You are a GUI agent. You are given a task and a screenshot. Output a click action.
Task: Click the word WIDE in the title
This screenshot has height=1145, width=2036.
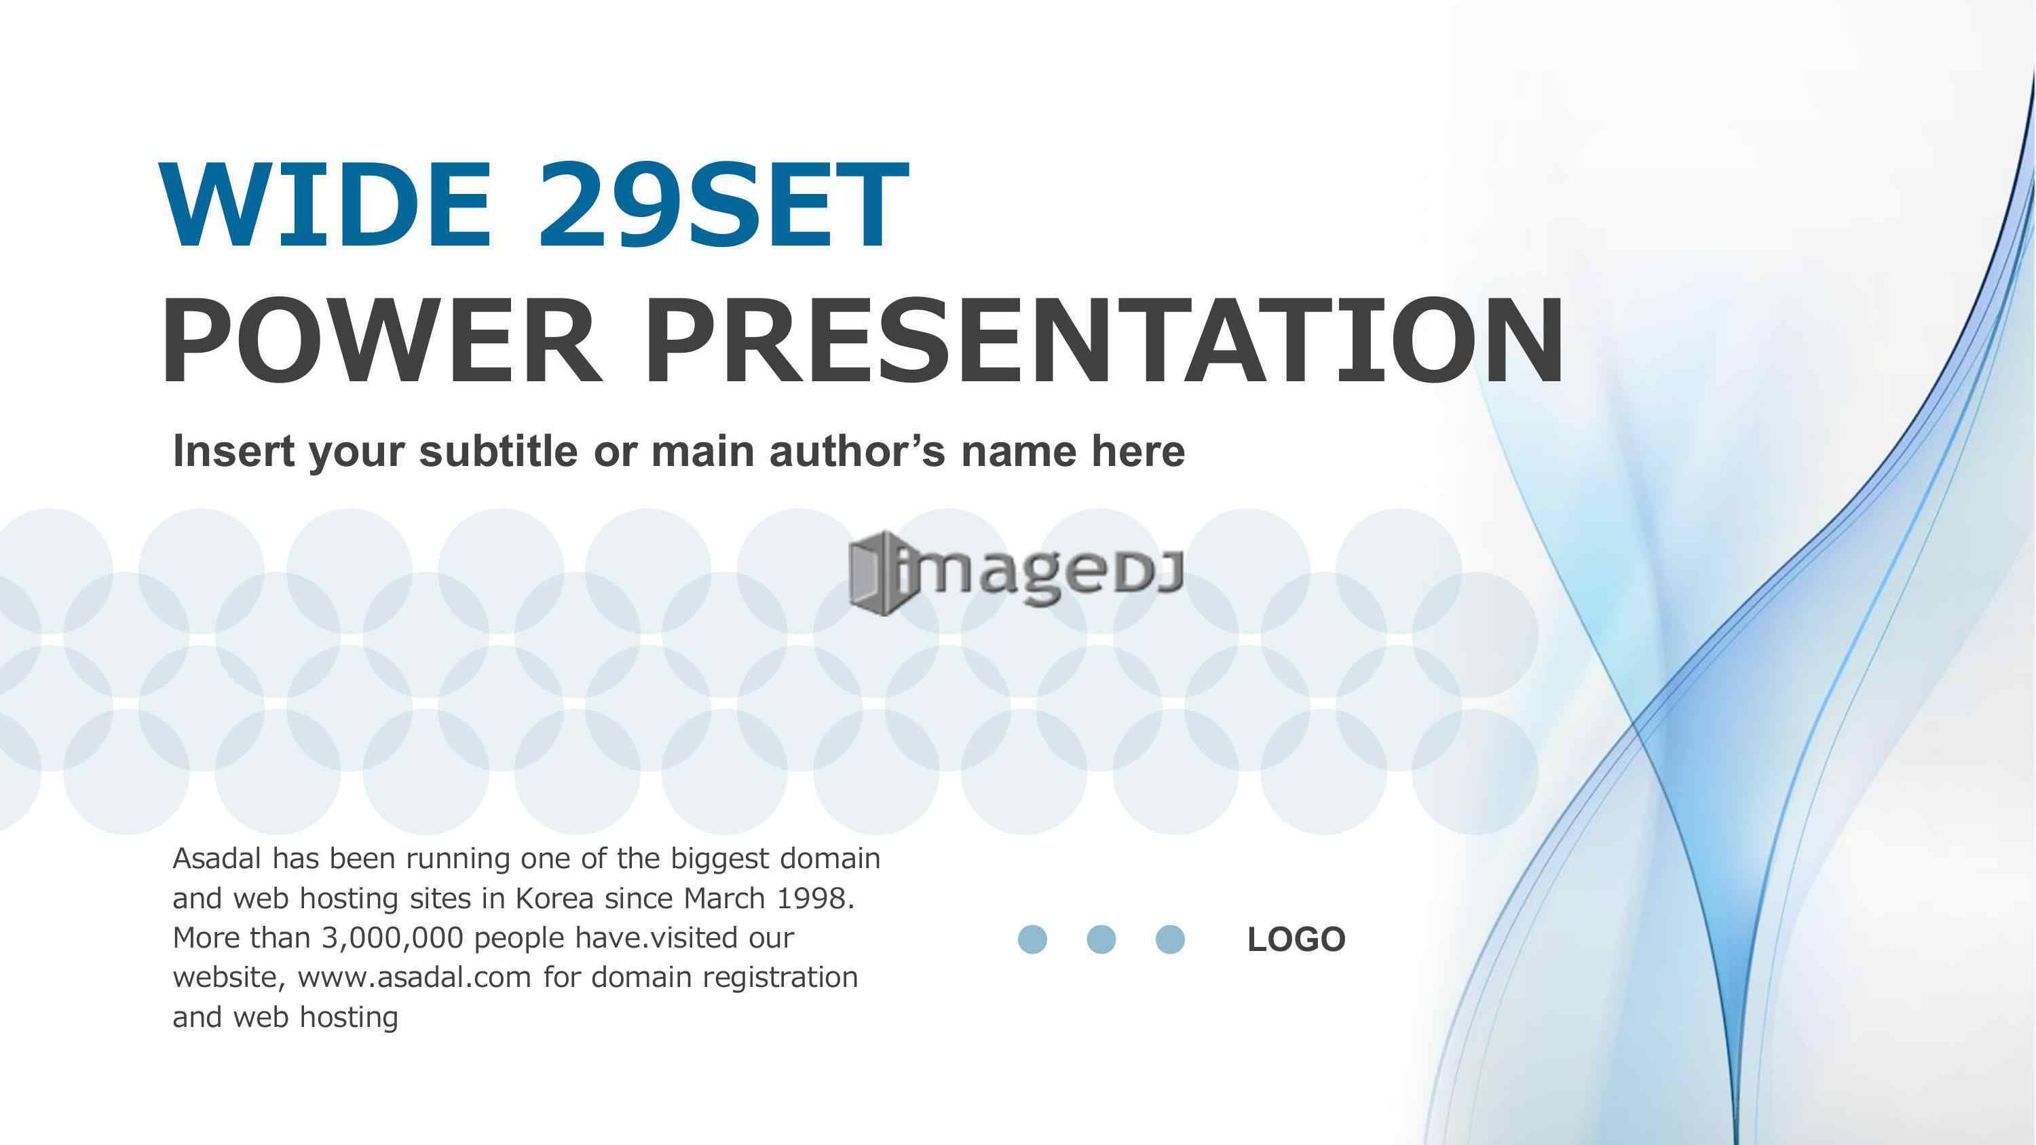(x=326, y=205)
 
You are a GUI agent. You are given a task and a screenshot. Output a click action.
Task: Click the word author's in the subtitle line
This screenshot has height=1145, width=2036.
(x=856, y=451)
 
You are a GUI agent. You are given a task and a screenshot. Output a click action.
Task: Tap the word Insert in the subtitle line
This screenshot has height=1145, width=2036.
(x=234, y=451)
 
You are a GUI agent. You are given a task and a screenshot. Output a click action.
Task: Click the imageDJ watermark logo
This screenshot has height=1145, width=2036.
(x=1016, y=572)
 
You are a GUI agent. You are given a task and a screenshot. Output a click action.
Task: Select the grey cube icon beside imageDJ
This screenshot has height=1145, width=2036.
(x=878, y=572)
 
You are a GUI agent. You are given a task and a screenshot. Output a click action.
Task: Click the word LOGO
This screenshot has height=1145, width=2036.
(x=1296, y=939)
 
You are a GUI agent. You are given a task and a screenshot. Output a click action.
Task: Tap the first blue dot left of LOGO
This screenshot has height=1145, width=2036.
(x=1032, y=939)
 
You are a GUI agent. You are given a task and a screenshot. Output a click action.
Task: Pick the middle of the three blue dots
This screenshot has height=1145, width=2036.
(x=1101, y=939)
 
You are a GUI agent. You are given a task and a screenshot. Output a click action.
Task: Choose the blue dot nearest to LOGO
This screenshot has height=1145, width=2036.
(x=1170, y=939)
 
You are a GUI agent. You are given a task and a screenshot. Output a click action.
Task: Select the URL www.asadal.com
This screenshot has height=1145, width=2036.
(x=414, y=977)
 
